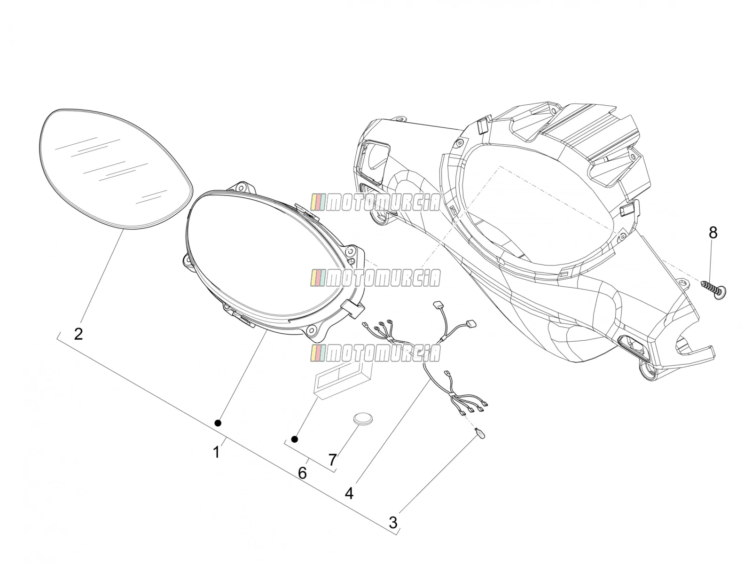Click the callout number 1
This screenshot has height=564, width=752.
click(216, 452)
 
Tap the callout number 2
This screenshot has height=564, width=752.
click(78, 334)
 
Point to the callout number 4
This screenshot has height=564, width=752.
click(349, 493)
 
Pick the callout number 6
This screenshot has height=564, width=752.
click(303, 473)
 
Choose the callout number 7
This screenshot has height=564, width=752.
click(332, 460)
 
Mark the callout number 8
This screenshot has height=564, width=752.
click(713, 233)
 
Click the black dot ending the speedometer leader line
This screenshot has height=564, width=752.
click(218, 423)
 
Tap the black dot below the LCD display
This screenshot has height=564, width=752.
click(294, 439)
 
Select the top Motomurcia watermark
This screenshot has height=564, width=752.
click(375, 203)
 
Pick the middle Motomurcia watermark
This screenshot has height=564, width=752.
click(375, 278)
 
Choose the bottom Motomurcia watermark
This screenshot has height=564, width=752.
click(375, 353)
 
